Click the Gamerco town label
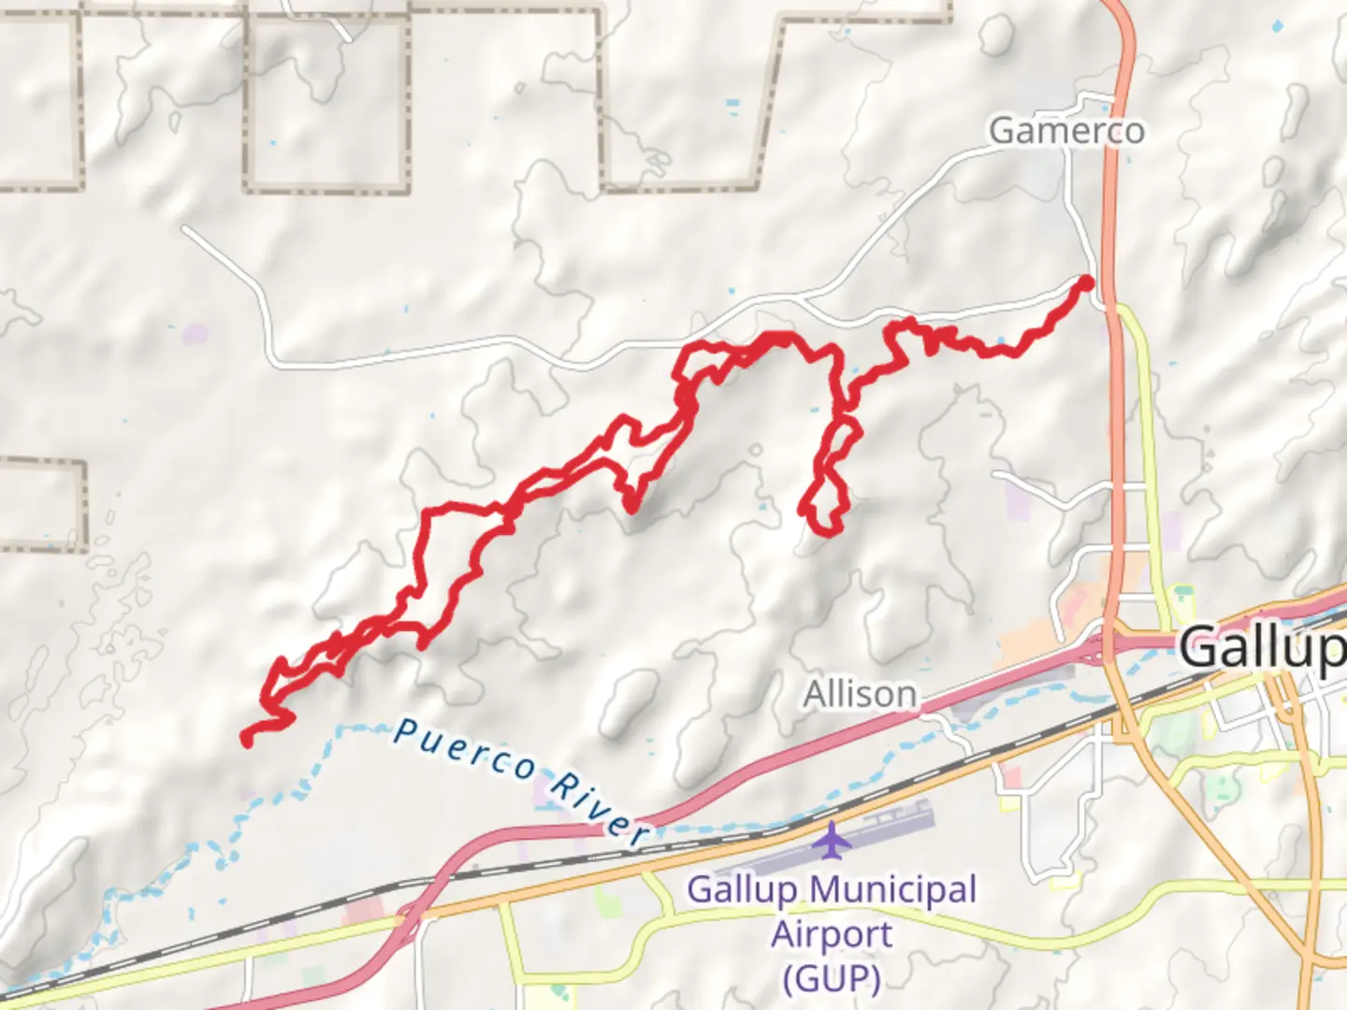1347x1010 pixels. coord(1066,131)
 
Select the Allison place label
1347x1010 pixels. coord(860,695)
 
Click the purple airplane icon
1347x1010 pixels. coord(831,839)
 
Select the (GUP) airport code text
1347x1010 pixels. coord(832,978)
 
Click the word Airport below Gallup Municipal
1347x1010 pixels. coord(832,933)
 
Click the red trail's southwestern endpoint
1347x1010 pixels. coord(247,741)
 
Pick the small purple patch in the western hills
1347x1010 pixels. coord(196,333)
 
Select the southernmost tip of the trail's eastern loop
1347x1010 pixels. coord(827,531)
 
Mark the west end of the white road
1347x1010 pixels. coord(185,228)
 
